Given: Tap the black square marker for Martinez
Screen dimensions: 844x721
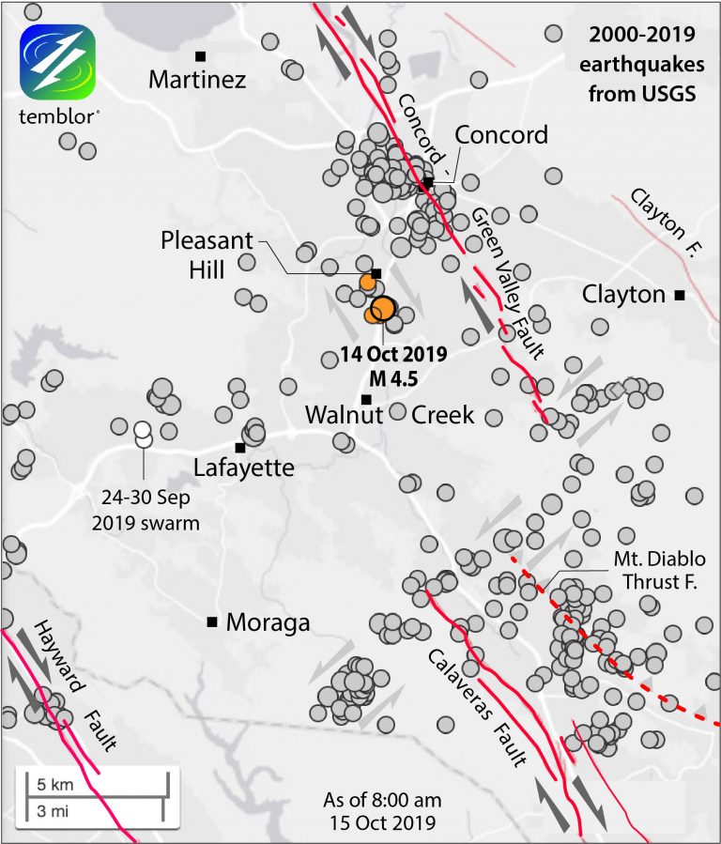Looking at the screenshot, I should click(x=200, y=56).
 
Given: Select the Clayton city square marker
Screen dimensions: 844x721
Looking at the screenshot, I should click(x=680, y=296).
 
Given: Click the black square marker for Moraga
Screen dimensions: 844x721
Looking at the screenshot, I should click(x=212, y=621).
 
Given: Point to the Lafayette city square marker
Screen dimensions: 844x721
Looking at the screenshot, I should click(x=240, y=447).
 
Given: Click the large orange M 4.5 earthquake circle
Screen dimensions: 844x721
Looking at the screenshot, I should click(x=383, y=308).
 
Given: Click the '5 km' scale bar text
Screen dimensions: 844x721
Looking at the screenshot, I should click(x=44, y=783).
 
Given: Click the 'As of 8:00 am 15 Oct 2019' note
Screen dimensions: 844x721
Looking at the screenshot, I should click(x=381, y=812).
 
